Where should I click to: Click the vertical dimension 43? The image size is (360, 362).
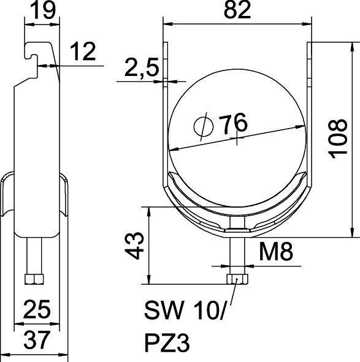pyautogui.click(x=139, y=246)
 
